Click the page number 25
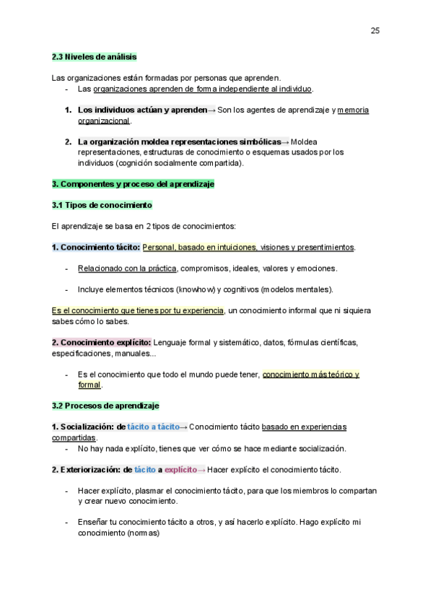[375, 30]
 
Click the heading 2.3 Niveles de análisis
[94, 57]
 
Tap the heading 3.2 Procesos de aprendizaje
[105, 406]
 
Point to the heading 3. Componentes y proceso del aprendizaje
[133, 184]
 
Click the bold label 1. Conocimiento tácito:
[96, 248]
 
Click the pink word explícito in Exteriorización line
[180, 470]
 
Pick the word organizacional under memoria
[104, 121]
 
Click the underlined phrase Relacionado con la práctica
[127, 268]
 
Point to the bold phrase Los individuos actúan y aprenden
[141, 110]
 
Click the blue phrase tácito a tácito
[153, 427]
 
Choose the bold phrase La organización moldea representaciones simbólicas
[179, 141]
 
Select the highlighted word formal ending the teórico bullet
[89, 385]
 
